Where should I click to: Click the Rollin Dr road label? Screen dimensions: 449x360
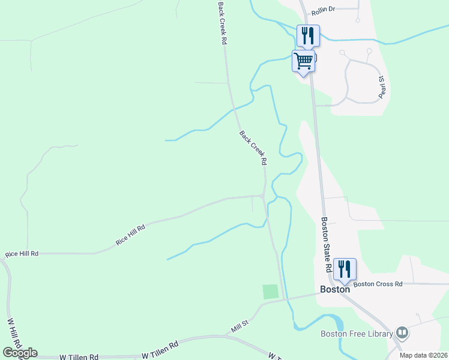click(x=323, y=10)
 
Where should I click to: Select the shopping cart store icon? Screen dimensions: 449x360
click(x=304, y=60)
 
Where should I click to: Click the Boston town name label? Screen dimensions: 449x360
click(x=335, y=289)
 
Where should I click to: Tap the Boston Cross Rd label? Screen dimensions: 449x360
click(x=378, y=284)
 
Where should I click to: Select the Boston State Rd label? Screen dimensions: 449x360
click(x=326, y=245)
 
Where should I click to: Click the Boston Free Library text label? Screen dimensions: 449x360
click(x=357, y=334)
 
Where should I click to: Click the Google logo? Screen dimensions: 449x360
click(x=20, y=353)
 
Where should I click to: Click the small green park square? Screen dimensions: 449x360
click(x=271, y=292)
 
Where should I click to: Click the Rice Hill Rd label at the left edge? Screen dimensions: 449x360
click(x=22, y=254)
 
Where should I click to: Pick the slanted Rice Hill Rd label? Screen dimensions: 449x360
click(x=131, y=235)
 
